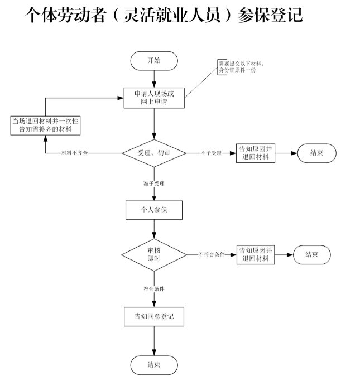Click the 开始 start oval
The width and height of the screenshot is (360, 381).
153,60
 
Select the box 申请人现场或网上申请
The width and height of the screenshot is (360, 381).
153,98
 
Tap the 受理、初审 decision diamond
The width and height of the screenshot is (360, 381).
153,152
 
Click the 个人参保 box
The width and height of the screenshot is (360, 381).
153,211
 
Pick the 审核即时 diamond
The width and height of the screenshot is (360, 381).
153,254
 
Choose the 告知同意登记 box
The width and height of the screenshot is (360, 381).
153,316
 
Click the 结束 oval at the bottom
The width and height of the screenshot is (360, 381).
154,365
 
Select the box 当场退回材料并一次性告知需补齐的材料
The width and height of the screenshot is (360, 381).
45,125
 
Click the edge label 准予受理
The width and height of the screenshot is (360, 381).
153,183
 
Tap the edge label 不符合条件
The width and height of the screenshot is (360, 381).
211,255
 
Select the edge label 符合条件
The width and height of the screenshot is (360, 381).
153,288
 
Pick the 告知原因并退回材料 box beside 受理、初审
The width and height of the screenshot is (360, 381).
256,152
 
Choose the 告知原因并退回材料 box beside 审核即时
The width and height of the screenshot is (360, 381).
256,254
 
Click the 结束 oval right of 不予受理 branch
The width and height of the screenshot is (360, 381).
316,152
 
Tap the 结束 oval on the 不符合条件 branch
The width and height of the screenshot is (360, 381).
311,254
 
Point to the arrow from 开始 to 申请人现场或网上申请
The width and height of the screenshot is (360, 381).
153,78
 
